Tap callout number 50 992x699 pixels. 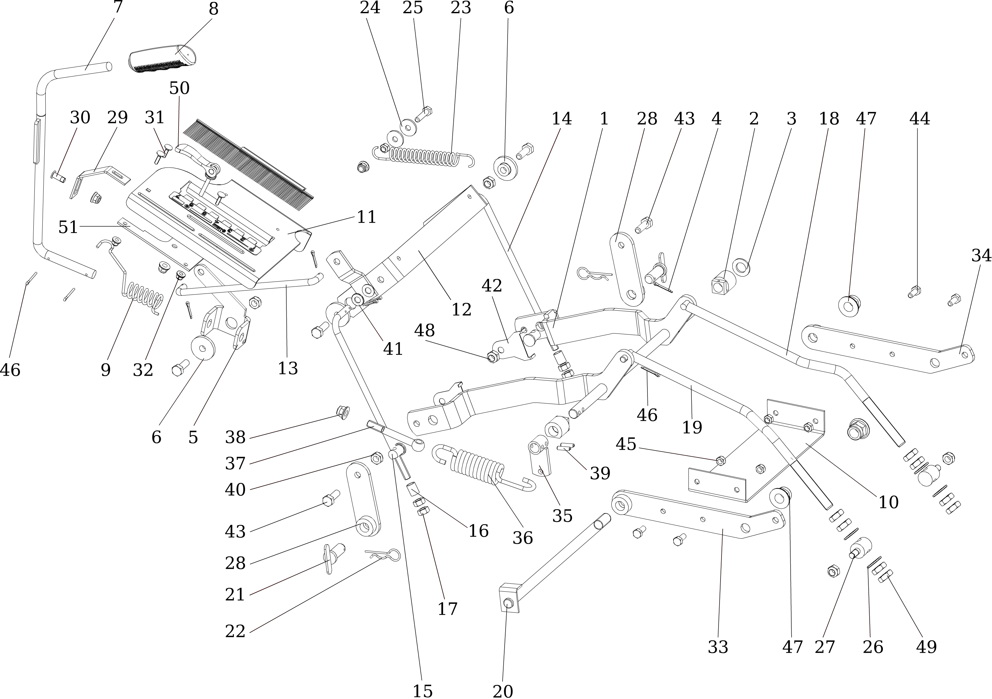(x=179, y=89)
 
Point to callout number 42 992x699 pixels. (x=492, y=286)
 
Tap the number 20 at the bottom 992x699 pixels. (x=503, y=691)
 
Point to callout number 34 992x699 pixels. (x=981, y=255)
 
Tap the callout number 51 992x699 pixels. (x=68, y=227)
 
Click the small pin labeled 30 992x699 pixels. (x=58, y=176)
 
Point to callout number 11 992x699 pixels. (x=366, y=217)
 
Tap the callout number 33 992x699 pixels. (x=718, y=647)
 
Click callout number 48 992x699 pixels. (x=424, y=331)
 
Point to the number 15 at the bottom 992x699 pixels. (x=422, y=691)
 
